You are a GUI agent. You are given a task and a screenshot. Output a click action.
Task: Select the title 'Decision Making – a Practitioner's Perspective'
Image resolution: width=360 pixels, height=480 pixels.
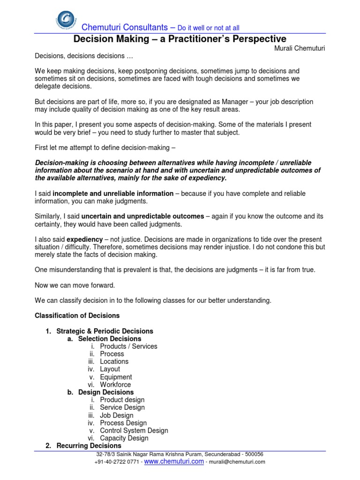click(180, 39)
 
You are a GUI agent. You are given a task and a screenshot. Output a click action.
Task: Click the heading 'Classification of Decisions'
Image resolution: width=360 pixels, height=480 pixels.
click(77, 315)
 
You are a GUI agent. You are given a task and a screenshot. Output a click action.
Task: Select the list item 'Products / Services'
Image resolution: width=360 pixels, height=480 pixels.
click(128, 346)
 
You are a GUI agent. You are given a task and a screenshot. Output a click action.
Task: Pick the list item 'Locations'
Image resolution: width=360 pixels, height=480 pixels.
click(114, 361)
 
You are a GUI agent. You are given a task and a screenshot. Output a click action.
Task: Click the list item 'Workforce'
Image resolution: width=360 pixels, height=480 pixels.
click(115, 384)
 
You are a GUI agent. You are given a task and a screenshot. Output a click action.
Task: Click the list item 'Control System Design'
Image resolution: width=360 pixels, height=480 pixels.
click(134, 430)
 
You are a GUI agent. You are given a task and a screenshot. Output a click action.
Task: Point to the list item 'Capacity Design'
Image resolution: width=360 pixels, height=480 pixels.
click(124, 438)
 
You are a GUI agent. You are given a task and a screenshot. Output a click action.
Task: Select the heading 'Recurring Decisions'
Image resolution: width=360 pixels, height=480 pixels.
click(89, 446)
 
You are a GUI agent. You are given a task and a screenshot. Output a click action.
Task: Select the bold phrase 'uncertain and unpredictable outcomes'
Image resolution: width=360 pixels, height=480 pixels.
click(142, 216)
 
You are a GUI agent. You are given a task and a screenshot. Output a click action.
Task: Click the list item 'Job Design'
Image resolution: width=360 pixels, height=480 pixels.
click(116, 415)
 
